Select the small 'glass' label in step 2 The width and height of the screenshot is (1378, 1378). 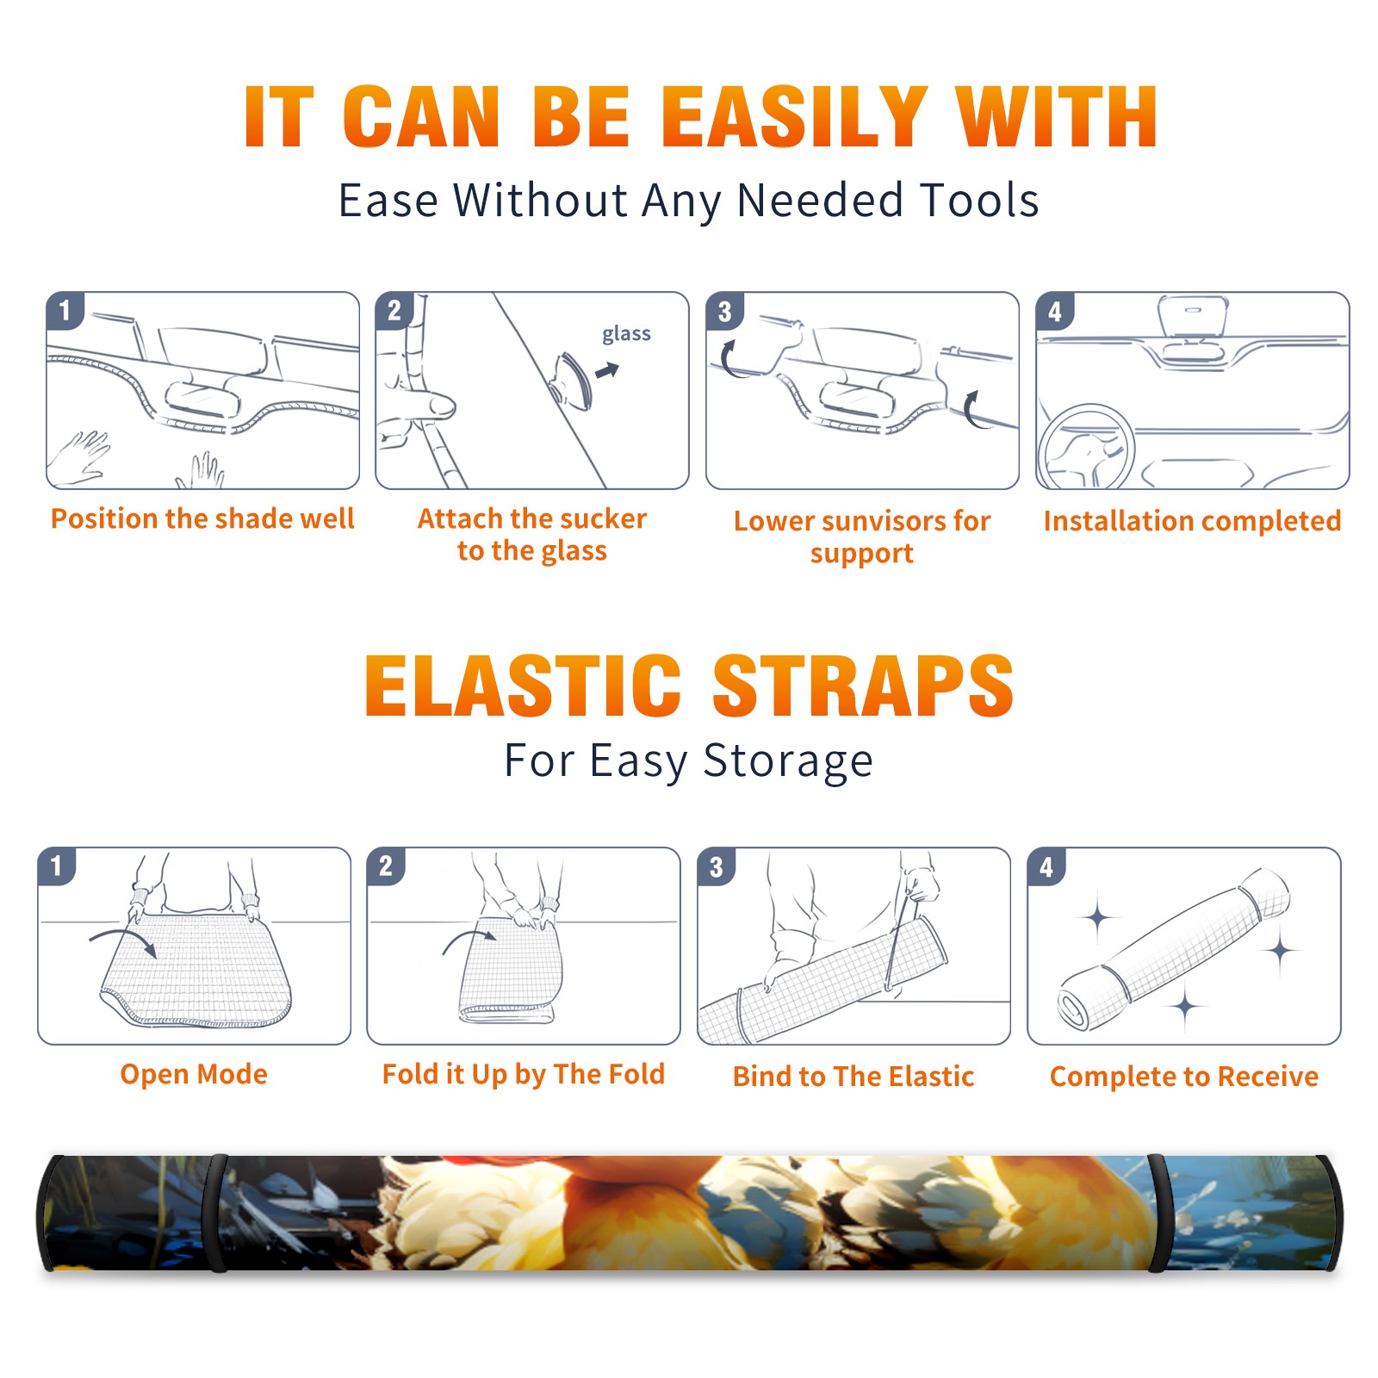tap(626, 333)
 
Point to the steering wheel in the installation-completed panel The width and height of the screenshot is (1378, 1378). tap(1087, 446)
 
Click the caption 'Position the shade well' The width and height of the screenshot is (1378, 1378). tap(202, 518)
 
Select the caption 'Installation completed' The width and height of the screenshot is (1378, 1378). tap(1192, 520)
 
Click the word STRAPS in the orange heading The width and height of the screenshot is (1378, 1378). tap(863, 686)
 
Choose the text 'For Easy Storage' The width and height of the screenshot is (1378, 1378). tap(688, 760)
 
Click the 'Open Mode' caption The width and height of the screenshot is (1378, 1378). tap(194, 1074)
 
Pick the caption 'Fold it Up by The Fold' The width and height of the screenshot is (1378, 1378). tap(524, 1074)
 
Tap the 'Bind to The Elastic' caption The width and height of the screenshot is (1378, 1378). tap(853, 1076)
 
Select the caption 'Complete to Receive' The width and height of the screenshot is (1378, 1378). tap(1184, 1076)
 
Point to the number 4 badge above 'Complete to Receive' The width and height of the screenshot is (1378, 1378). tap(1046, 866)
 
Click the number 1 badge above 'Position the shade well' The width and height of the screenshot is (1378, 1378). tap(65, 310)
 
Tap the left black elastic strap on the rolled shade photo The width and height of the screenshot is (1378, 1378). tap(215, 1214)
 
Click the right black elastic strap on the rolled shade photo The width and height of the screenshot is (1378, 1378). tap(1157, 1214)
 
